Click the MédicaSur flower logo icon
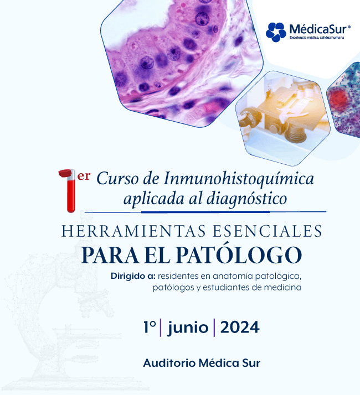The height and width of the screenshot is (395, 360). point(276,32)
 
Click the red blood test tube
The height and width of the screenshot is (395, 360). point(69,191)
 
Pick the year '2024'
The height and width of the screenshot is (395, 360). point(239,327)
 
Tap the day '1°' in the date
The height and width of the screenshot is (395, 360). point(150,327)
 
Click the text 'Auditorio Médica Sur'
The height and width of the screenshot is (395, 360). point(202,363)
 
